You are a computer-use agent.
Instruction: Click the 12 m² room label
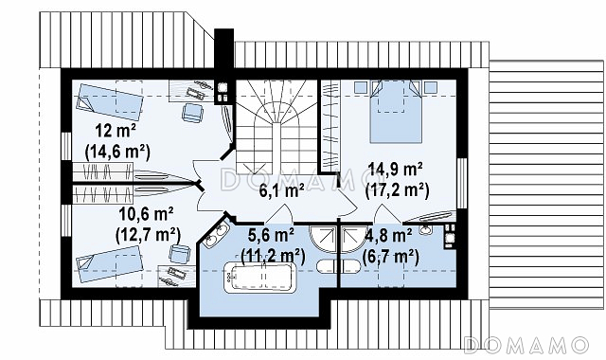(116, 132)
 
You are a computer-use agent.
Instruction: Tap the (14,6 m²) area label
(117, 152)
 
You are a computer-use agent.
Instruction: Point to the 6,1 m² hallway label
(281, 190)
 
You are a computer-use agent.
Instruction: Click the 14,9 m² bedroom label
(396, 170)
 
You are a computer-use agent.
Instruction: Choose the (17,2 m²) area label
(398, 189)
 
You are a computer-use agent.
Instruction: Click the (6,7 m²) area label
(391, 256)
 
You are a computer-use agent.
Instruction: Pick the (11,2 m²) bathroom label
(273, 256)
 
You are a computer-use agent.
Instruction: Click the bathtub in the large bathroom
(261, 278)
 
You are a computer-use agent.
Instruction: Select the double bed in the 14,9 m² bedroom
(396, 112)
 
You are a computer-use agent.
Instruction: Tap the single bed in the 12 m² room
(110, 101)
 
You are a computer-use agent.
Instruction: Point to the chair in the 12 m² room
(192, 112)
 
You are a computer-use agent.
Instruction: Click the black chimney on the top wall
(223, 48)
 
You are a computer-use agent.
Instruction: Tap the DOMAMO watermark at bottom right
(526, 345)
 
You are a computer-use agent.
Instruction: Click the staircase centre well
(276, 148)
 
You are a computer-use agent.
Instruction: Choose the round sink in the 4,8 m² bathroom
(426, 229)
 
